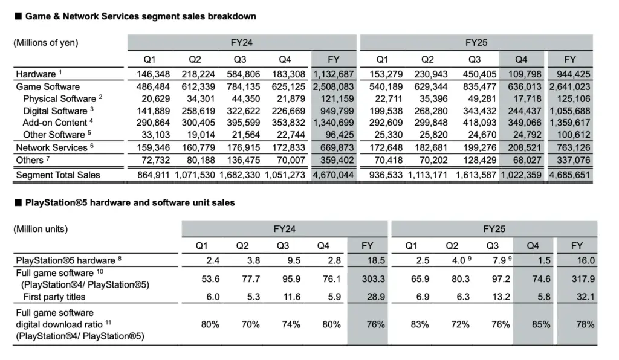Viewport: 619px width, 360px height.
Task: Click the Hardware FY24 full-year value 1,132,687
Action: coord(333,74)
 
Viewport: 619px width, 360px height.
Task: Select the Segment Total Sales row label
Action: coord(57,175)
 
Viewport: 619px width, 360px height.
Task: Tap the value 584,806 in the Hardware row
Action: coord(243,74)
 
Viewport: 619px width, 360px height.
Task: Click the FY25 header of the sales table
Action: coord(476,43)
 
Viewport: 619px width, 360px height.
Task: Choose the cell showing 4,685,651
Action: coord(569,175)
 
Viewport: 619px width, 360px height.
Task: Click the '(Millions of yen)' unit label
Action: coord(46,43)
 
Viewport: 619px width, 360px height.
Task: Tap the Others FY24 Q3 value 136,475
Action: coord(243,160)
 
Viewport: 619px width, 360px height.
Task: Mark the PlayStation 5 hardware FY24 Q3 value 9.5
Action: coord(294,260)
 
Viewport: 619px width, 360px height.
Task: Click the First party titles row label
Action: coord(54,297)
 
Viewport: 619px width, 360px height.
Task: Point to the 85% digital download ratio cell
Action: coord(541,324)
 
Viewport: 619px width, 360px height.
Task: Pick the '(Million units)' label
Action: coord(41,229)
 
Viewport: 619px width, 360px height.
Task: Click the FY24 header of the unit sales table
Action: coord(284,229)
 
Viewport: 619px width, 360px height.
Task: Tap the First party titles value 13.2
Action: coord(501,297)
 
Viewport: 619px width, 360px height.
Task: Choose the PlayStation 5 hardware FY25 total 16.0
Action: coord(586,260)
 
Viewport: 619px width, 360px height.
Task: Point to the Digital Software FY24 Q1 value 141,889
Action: coord(153,111)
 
